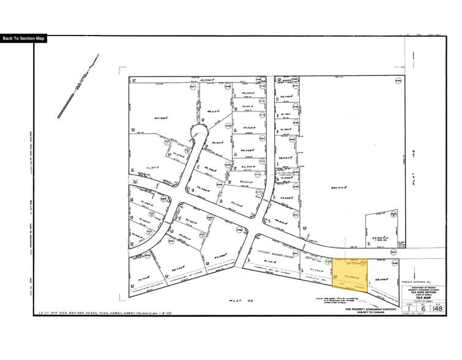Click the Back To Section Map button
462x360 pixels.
[24, 39]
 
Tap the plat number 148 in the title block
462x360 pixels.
[438, 309]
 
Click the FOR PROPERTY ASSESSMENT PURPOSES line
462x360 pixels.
[371, 309]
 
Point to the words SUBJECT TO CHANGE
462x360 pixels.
[371, 313]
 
